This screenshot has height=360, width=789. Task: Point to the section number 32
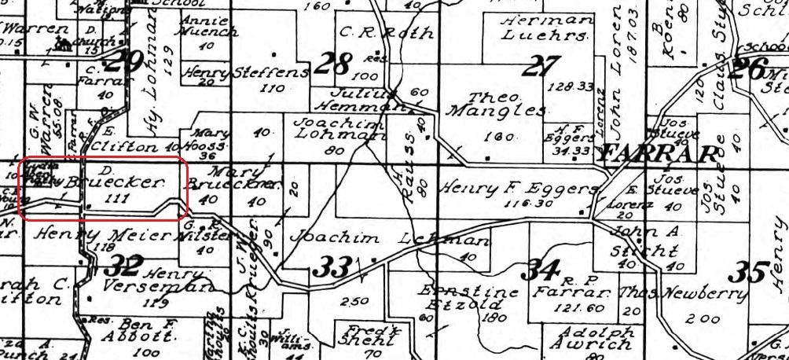coord(125,263)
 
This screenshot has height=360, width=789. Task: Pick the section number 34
coord(543,270)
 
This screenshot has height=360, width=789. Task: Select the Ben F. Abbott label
coord(145,331)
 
